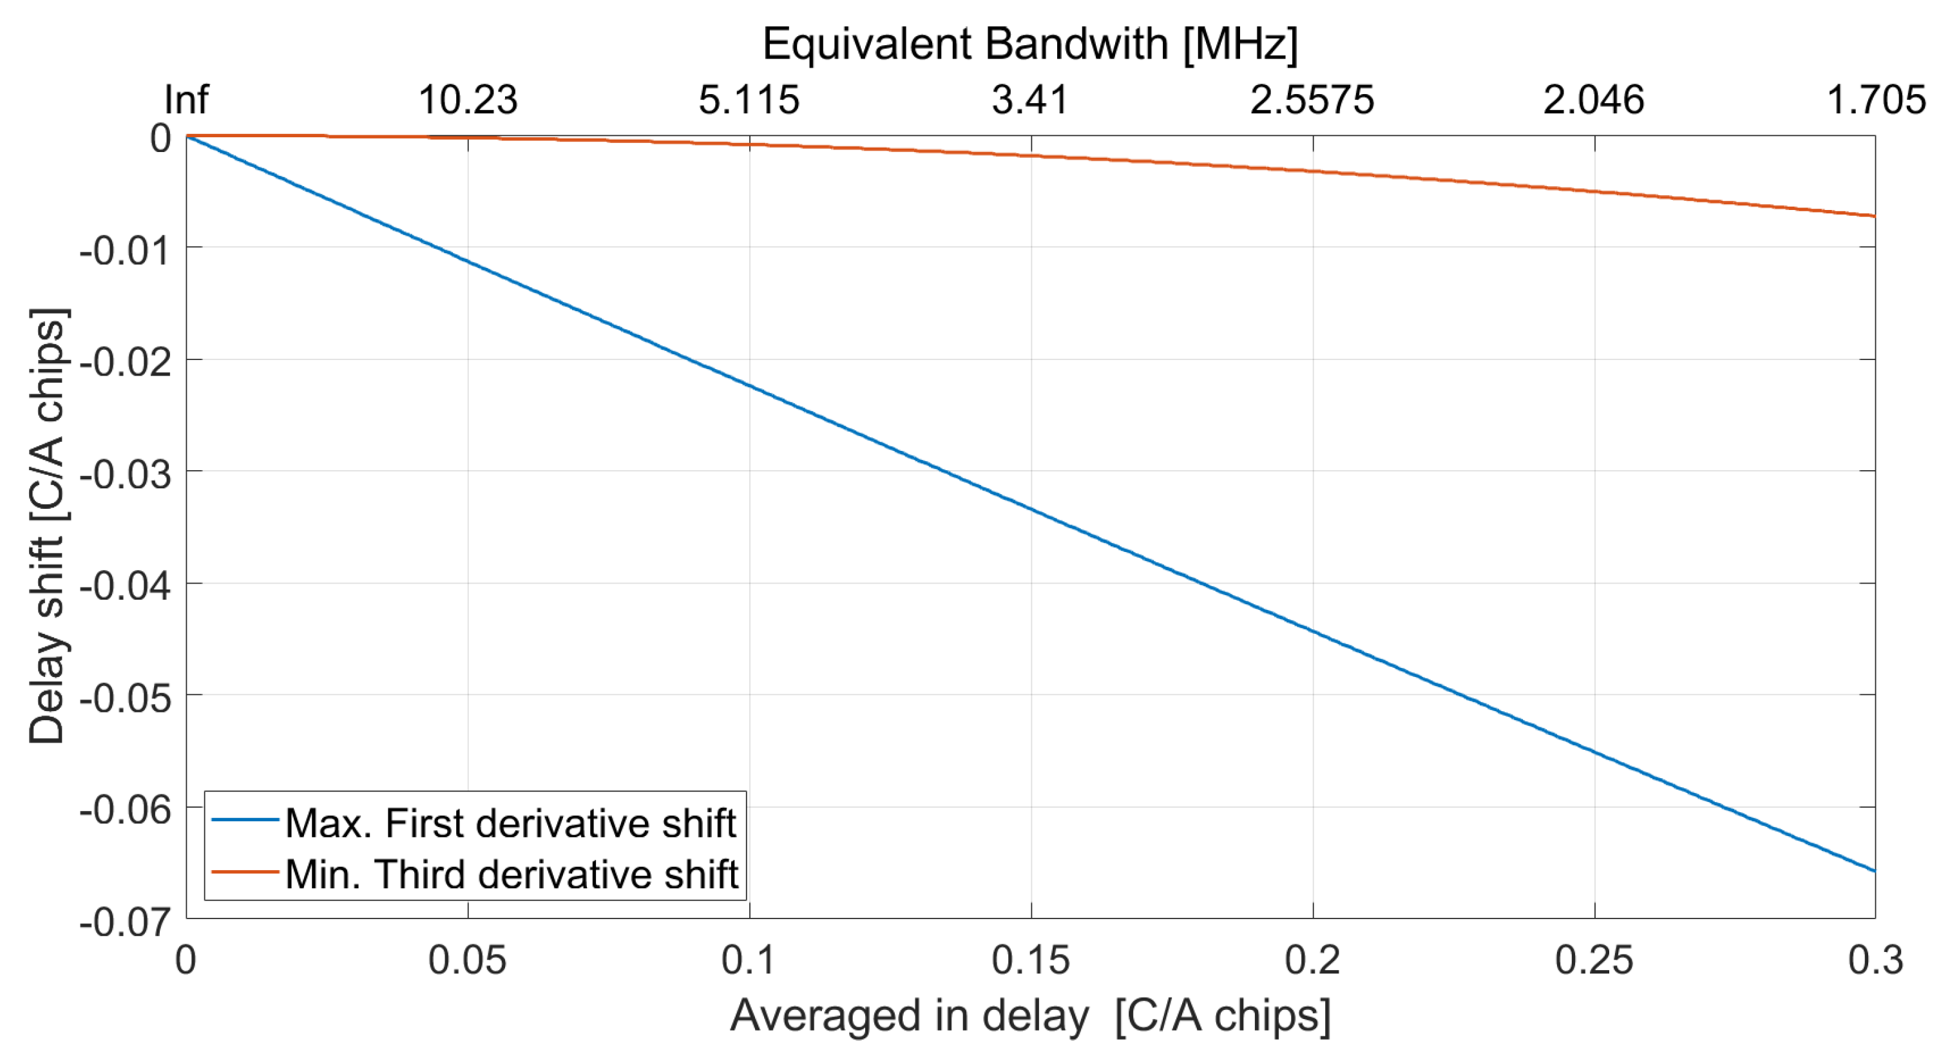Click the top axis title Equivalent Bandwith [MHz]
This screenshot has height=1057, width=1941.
click(x=1030, y=44)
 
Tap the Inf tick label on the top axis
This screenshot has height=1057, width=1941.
click(x=186, y=100)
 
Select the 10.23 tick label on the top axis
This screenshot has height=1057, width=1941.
click(x=468, y=100)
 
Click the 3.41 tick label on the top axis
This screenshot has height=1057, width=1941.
click(x=1030, y=100)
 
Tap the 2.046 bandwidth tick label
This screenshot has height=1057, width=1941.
click(x=1594, y=100)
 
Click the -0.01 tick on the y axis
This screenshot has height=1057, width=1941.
click(x=125, y=250)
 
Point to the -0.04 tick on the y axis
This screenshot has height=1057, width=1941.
click(x=125, y=586)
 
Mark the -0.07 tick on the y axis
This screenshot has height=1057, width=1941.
click(x=125, y=921)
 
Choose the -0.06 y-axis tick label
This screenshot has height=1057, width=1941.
click(x=125, y=810)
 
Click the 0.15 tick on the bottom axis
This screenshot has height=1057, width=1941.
click(x=1030, y=960)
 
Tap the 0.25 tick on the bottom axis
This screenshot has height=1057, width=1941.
click(x=1594, y=960)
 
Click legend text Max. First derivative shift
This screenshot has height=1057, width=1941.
click(x=510, y=823)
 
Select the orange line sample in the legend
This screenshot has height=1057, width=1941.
click(x=245, y=871)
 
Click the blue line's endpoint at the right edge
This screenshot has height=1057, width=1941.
click(x=1874, y=871)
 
